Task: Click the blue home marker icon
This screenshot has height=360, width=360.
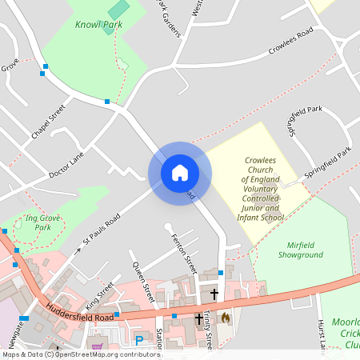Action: [180, 172]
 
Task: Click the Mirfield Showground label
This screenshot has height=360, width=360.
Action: [300, 250]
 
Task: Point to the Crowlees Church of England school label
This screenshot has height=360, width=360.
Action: [262, 189]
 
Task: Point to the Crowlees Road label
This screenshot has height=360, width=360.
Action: [290, 43]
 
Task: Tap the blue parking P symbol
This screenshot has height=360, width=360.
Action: [139, 341]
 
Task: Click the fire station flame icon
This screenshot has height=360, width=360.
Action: [226, 318]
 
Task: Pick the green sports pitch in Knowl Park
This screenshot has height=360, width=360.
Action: [118, 10]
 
